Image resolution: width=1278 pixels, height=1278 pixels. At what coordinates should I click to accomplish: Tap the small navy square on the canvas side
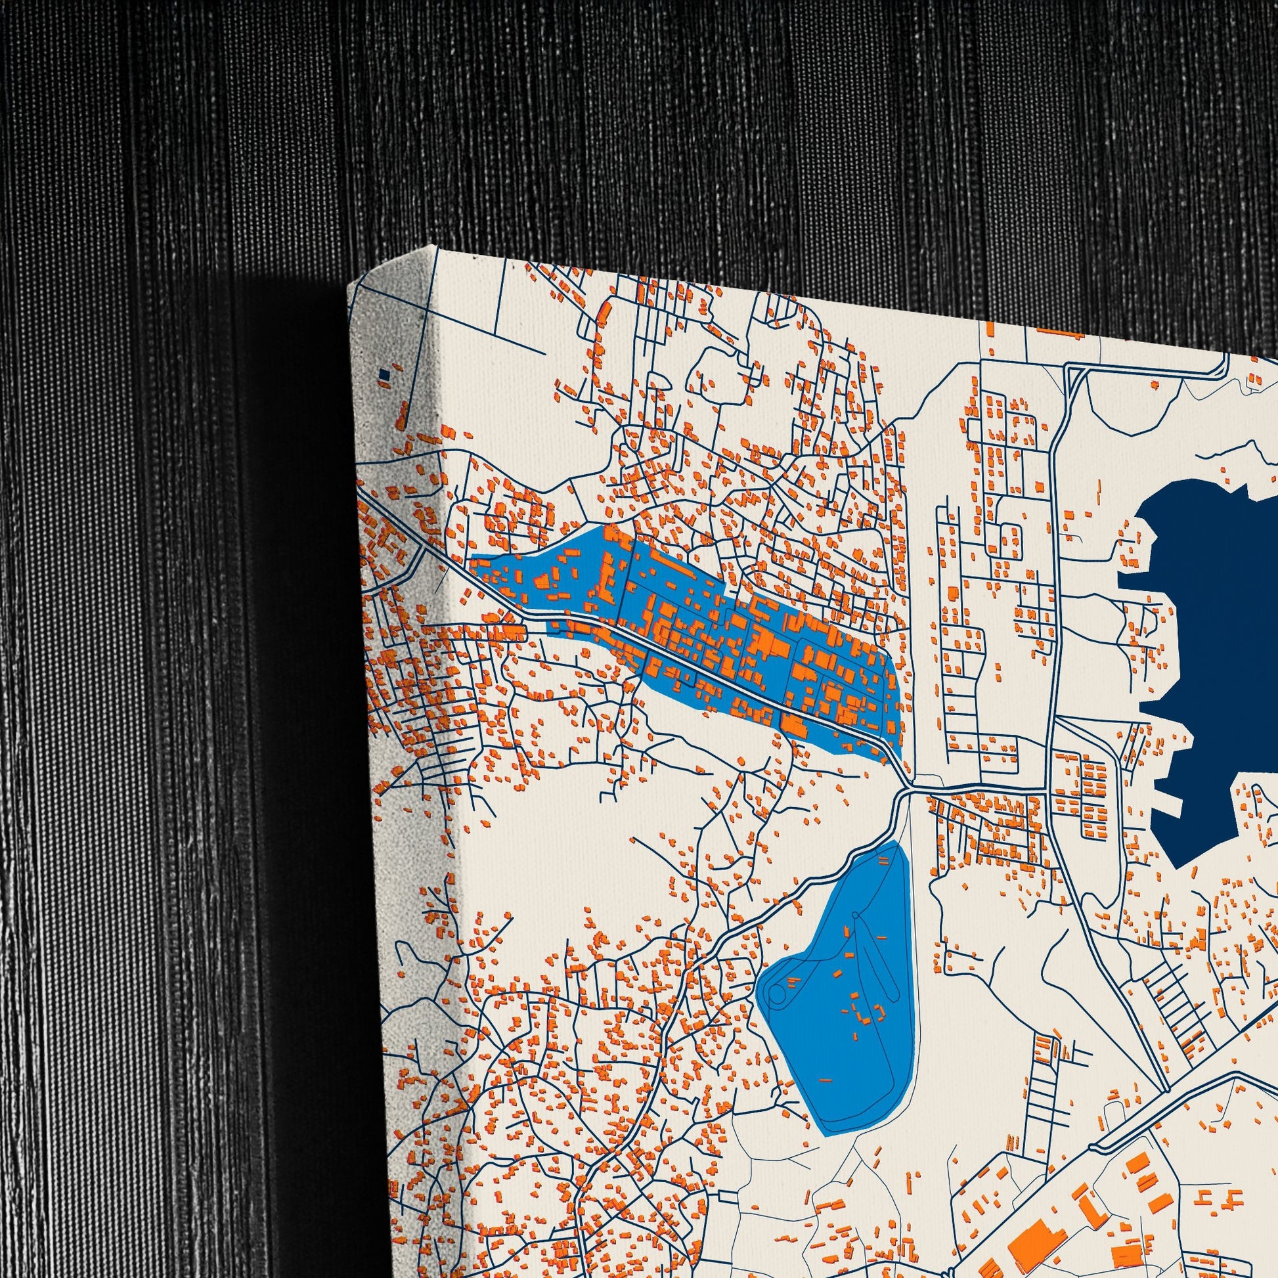coord(383,374)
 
